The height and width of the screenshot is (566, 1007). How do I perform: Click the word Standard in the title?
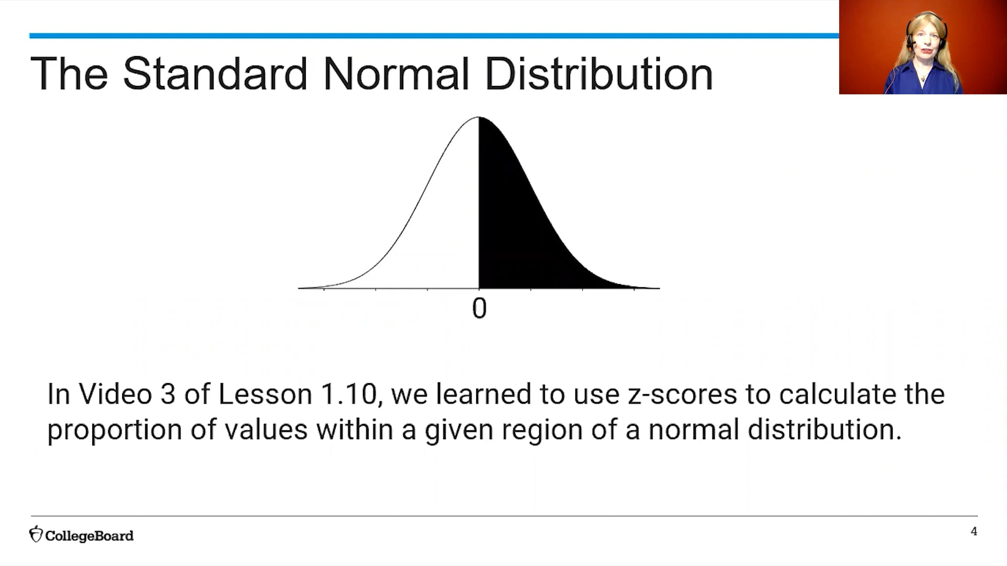pyautogui.click(x=215, y=74)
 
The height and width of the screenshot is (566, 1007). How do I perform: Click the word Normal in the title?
pyautogui.click(x=395, y=74)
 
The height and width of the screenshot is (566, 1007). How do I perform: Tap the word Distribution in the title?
pyautogui.click(x=598, y=74)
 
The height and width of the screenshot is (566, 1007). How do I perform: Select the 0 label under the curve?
pyautogui.click(x=479, y=309)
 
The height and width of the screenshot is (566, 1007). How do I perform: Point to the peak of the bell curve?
pyautogui.click(x=479, y=117)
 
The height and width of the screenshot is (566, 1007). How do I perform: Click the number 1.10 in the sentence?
pyautogui.click(x=349, y=394)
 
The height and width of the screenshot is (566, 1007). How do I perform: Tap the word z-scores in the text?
pyautogui.click(x=682, y=394)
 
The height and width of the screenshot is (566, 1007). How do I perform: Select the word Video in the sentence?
pyautogui.click(x=115, y=394)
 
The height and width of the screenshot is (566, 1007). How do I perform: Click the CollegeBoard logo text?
pyautogui.click(x=89, y=536)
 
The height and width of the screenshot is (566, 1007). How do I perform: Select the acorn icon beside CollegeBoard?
pyautogui.click(x=36, y=534)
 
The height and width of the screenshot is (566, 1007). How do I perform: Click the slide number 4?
pyautogui.click(x=974, y=531)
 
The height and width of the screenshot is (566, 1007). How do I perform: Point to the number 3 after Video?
pyautogui.click(x=168, y=394)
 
